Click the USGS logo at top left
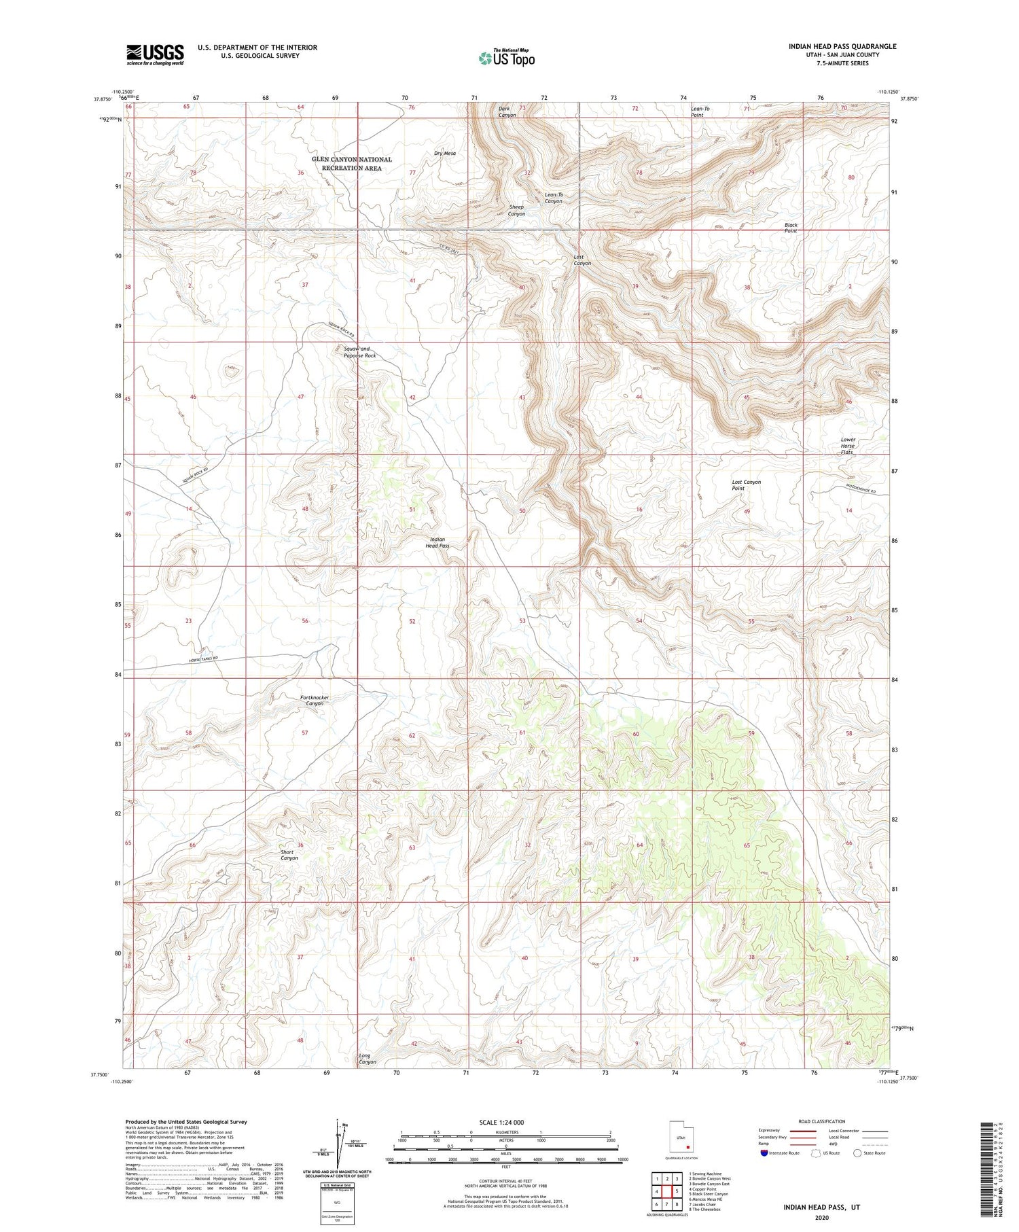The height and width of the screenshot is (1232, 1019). pyautogui.click(x=155, y=54)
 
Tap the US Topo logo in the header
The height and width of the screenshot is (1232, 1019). pyautogui.click(x=506, y=58)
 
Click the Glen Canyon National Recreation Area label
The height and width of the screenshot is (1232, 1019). pyautogui.click(x=351, y=164)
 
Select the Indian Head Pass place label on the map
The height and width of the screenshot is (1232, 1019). pyautogui.click(x=437, y=542)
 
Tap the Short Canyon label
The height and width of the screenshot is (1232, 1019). pyautogui.click(x=289, y=855)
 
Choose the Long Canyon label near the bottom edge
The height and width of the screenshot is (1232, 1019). pyautogui.click(x=367, y=1059)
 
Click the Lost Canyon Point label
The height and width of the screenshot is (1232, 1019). pyautogui.click(x=746, y=485)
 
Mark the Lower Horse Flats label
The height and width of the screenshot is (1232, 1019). pyautogui.click(x=847, y=446)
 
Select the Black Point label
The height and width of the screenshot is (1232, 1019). pyautogui.click(x=790, y=228)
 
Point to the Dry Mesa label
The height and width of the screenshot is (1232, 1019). pyautogui.click(x=444, y=154)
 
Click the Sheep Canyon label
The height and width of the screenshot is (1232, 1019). pyautogui.click(x=516, y=210)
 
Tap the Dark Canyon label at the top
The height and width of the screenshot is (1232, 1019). pyautogui.click(x=507, y=111)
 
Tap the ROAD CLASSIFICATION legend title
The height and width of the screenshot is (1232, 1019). pyautogui.click(x=822, y=1121)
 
